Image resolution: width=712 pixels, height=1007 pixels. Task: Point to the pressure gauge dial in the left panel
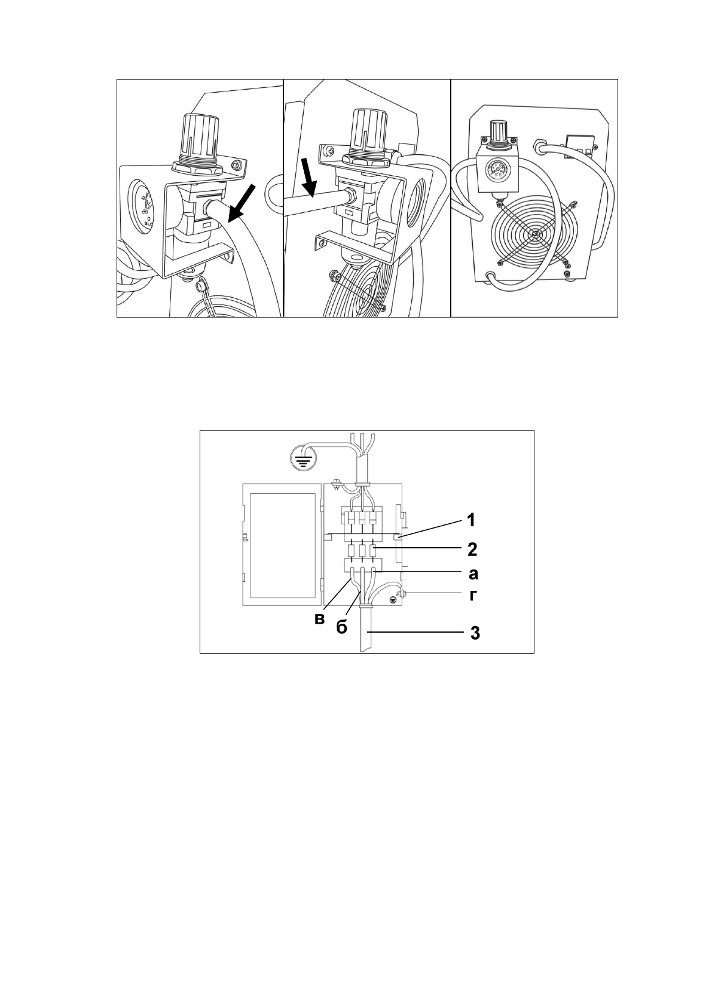click(x=142, y=207)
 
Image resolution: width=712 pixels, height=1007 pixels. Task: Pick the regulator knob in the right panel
click(x=497, y=132)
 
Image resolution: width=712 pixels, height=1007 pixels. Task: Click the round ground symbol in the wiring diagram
click(x=302, y=459)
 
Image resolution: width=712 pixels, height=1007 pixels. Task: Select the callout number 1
click(x=471, y=520)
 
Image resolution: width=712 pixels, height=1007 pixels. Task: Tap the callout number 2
click(x=472, y=548)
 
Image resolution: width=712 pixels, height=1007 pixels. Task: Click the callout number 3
click(x=474, y=633)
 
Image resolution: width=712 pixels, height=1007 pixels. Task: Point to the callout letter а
click(x=473, y=574)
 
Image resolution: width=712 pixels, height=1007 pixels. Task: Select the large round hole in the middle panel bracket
click(x=414, y=209)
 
